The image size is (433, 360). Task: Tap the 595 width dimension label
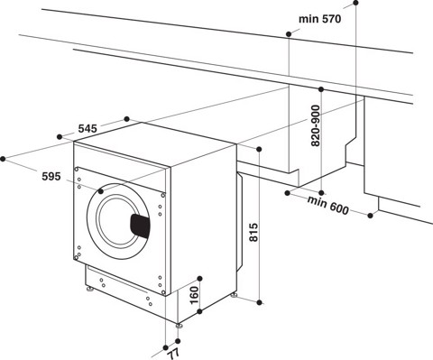click(x=50, y=177)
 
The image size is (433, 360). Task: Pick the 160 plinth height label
click(x=193, y=294)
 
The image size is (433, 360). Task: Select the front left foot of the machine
click(x=89, y=289)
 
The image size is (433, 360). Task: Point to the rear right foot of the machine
click(x=235, y=294)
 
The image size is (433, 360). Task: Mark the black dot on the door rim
click(x=101, y=191)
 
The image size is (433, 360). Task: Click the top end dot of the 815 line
click(x=261, y=149)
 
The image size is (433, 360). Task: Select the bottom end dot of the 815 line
click(x=261, y=299)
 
